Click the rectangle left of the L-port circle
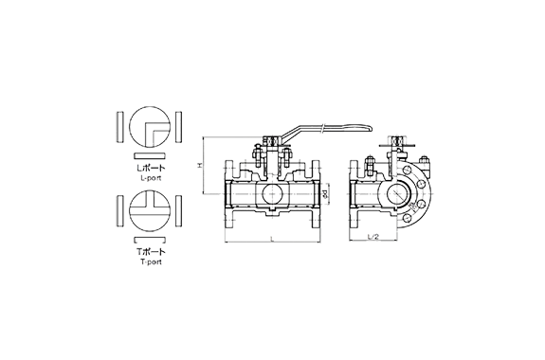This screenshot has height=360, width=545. (x=118, y=126)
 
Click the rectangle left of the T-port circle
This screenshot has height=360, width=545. (x=118, y=209)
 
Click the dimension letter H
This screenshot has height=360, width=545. (x=200, y=165)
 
